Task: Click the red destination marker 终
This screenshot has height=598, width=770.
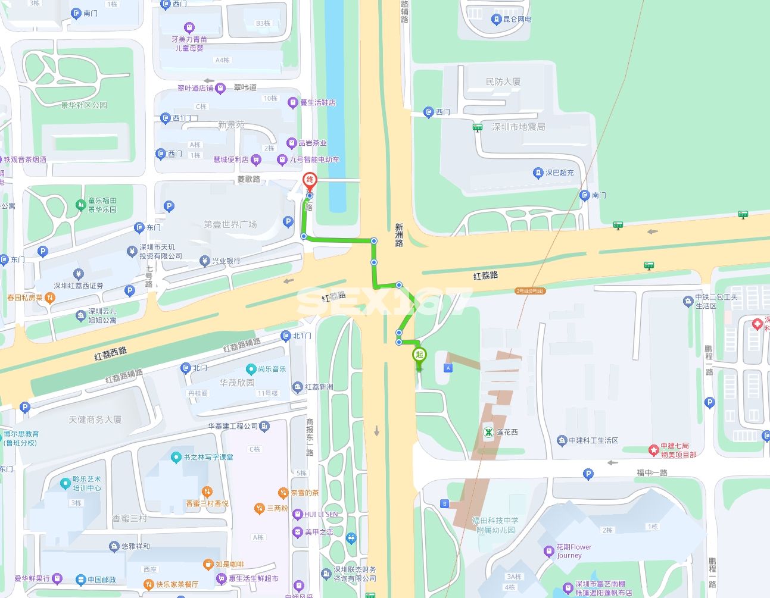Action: click(310, 180)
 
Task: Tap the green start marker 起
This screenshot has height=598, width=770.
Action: click(419, 355)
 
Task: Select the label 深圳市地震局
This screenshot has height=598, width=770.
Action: click(518, 127)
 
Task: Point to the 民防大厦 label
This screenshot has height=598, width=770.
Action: click(503, 82)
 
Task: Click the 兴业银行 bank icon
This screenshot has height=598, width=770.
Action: click(205, 261)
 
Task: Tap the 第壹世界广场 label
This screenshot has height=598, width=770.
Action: click(230, 224)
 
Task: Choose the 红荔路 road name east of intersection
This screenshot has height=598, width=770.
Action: click(485, 275)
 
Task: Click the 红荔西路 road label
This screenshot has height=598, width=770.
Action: click(111, 354)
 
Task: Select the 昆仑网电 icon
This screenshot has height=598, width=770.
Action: click(496, 20)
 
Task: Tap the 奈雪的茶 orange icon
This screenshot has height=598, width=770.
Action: click(283, 493)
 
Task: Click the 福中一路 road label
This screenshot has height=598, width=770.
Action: click(651, 472)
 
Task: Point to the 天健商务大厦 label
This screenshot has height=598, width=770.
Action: click(95, 419)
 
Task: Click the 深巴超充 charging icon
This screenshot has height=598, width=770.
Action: click(538, 173)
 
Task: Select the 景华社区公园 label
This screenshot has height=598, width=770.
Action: click(84, 105)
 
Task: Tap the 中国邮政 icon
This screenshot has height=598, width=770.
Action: click(80, 579)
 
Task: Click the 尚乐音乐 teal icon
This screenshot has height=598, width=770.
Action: click(251, 370)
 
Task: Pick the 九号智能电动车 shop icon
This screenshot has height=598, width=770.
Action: click(282, 159)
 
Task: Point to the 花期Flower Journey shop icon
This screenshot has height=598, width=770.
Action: click(549, 551)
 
